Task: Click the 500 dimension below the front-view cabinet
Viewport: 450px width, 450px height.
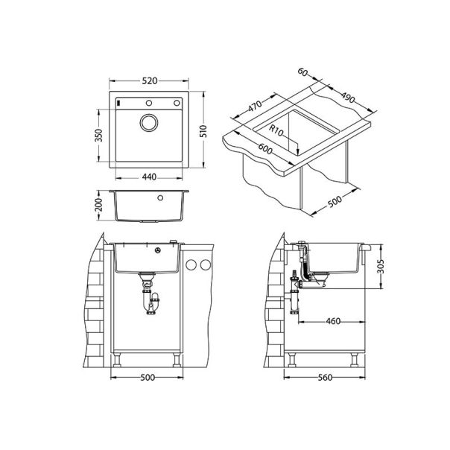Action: pos(147,378)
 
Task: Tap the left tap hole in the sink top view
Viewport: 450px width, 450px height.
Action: pos(119,102)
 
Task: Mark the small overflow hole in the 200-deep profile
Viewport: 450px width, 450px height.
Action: pos(159,199)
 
